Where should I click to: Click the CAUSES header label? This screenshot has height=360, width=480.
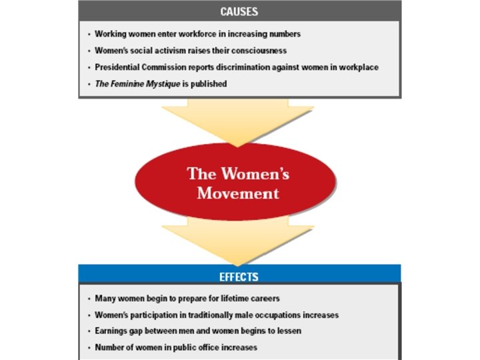click(x=239, y=11)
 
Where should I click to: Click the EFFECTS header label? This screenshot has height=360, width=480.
click(x=239, y=276)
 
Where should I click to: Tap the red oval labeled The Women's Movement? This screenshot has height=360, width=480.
click(x=238, y=181)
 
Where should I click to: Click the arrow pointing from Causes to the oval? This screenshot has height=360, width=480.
click(x=238, y=120)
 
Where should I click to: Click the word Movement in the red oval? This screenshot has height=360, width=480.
click(x=238, y=193)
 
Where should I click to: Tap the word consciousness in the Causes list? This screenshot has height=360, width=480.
click(x=259, y=50)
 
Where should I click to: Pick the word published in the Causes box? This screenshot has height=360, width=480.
click(x=207, y=84)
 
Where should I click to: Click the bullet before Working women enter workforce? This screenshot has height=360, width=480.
click(x=89, y=34)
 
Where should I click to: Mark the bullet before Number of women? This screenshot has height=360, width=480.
click(x=89, y=348)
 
